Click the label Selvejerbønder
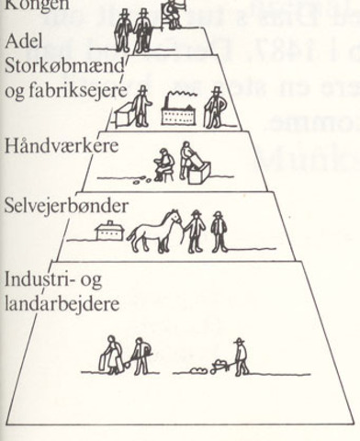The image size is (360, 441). [x=51, y=204]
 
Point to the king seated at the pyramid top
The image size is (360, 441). [x=171, y=11]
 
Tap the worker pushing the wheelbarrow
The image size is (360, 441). [x=241, y=356]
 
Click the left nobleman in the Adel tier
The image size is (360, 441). [x=123, y=30]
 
